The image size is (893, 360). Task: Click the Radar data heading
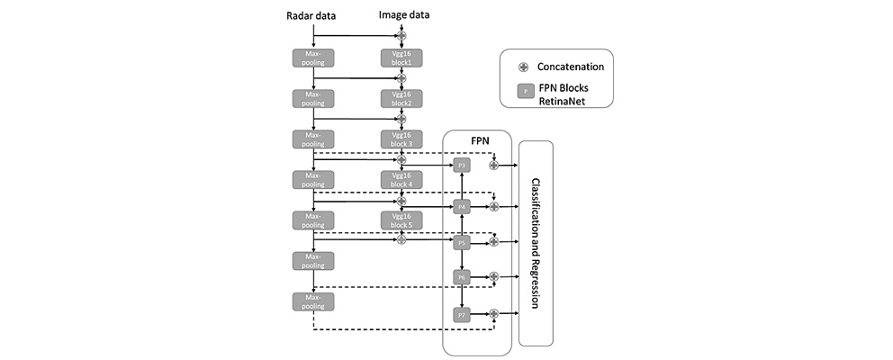[x=312, y=15]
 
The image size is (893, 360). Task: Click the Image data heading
[x=401, y=15]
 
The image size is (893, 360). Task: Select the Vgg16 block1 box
[x=401, y=58]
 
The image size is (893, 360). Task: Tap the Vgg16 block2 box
[x=401, y=98]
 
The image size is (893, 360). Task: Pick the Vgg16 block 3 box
[x=401, y=139]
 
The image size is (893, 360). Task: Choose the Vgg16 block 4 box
[x=401, y=179]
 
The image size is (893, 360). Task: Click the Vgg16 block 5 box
[x=401, y=220]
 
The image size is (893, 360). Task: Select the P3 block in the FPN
[x=462, y=165]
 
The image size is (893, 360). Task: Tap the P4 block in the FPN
[x=462, y=206]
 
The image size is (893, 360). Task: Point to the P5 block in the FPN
[x=462, y=242]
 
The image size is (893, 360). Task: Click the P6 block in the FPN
[x=462, y=277]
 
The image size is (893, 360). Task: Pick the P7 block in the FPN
[x=462, y=314]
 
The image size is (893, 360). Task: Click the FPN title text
[x=477, y=142]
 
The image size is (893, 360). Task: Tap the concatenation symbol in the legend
[x=523, y=67]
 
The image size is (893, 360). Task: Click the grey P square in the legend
[x=523, y=92]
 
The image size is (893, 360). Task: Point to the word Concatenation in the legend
[x=570, y=67]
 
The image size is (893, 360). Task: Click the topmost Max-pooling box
[x=312, y=58]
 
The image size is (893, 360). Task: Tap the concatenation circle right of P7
[x=493, y=314]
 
